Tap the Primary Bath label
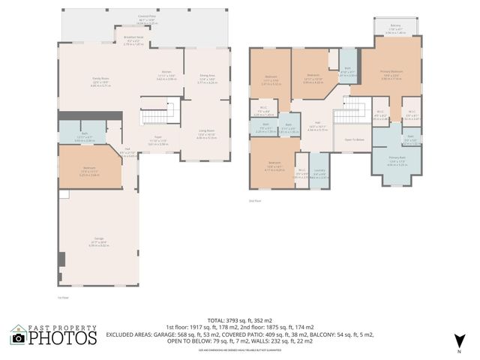pyautogui.click(x=398, y=162)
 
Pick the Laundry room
pyautogui.click(x=319, y=175)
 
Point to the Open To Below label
pyautogui.click(x=354, y=139)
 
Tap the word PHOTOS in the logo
pyautogui.click(x=64, y=339)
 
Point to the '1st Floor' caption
pyautogui.click(x=64, y=298)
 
